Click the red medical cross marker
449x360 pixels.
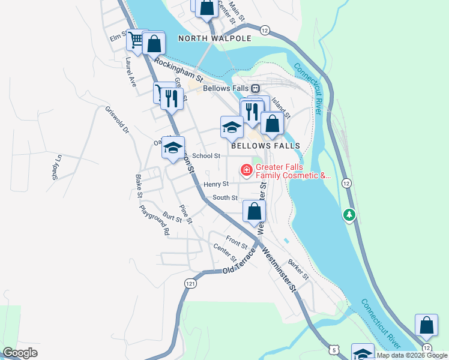coord(246,171)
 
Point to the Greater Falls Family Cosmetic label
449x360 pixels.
coord(293,172)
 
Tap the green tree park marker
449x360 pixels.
coord(349,214)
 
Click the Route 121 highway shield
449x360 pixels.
coord(190,283)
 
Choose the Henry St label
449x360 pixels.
coord(216,184)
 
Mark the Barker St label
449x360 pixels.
coord(298,269)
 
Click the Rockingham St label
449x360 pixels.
coord(179,70)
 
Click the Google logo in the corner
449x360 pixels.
coord(20,353)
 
